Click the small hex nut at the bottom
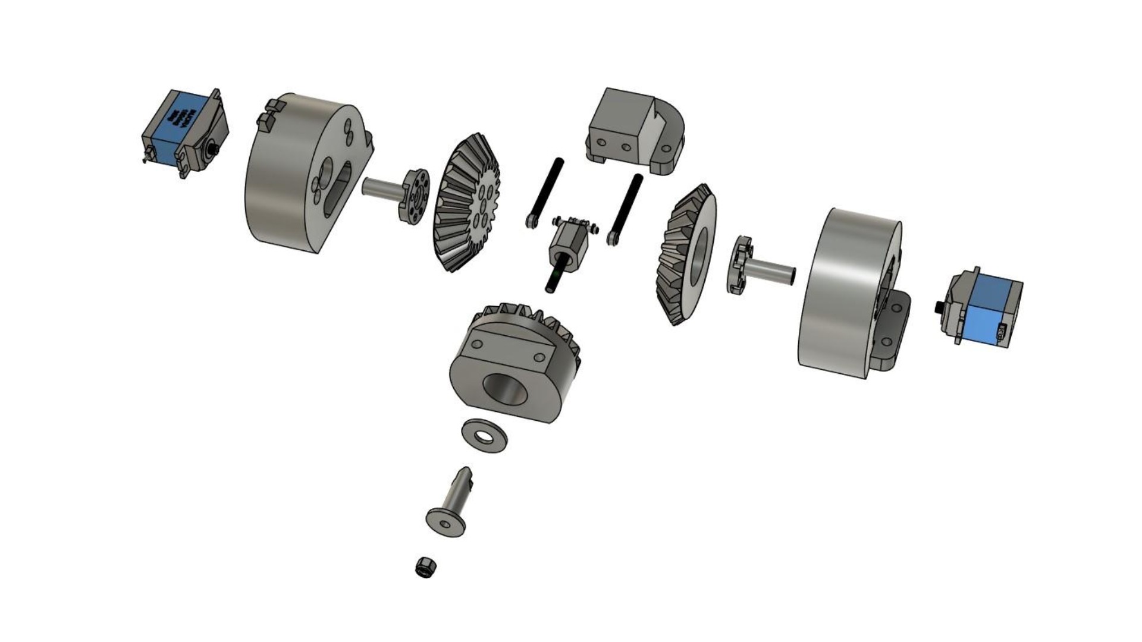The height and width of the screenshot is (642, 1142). pyautogui.click(x=425, y=567)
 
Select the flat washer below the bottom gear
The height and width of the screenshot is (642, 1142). pyautogui.click(x=485, y=435)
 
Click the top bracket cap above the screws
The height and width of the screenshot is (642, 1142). pyautogui.click(x=633, y=131)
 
